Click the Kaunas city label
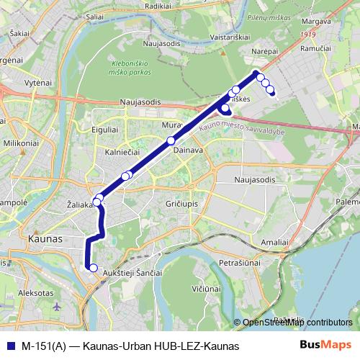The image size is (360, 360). (45, 238)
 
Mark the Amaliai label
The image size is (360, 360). (275, 241)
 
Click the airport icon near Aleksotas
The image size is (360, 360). (58, 306)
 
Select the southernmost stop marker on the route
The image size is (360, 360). (92, 268)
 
